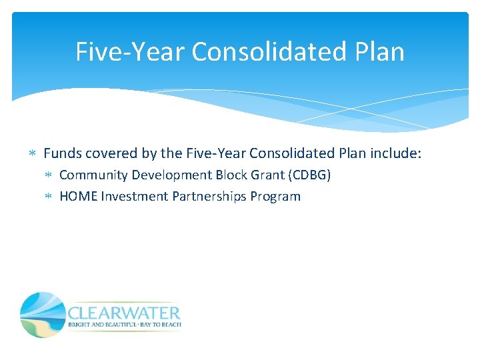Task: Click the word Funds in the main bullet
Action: point(61,153)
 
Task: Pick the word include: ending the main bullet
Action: point(395,153)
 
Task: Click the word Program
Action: point(276,197)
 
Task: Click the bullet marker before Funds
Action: point(34,154)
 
